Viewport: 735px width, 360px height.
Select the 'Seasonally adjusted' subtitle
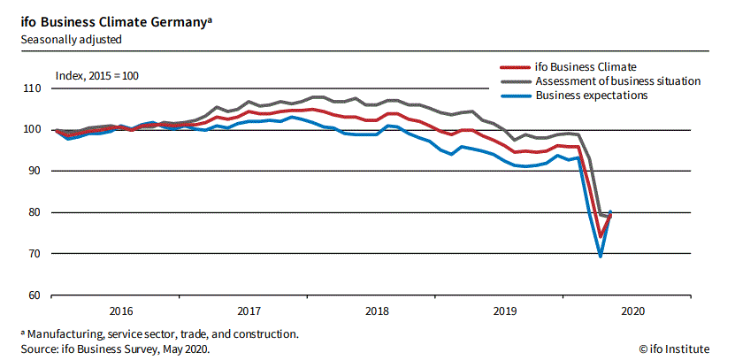pos(71,40)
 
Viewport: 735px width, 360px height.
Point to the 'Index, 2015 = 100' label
pos(96,75)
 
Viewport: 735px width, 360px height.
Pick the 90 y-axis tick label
pos(34,171)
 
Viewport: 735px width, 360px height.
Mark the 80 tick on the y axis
pos(34,212)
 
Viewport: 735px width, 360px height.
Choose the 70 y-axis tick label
pos(34,254)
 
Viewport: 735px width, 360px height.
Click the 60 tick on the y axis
pos(34,295)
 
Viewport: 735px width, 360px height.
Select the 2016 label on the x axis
pos(120,310)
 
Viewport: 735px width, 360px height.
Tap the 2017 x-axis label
pos(249,310)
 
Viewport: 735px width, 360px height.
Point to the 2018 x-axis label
pos(377,310)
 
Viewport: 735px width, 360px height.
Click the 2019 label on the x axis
pos(505,310)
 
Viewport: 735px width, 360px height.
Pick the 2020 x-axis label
pos(633,310)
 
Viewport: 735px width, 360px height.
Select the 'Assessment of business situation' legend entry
pos(617,80)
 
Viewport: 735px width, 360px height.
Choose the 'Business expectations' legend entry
pos(592,95)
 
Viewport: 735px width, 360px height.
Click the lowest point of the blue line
pos(601,256)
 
